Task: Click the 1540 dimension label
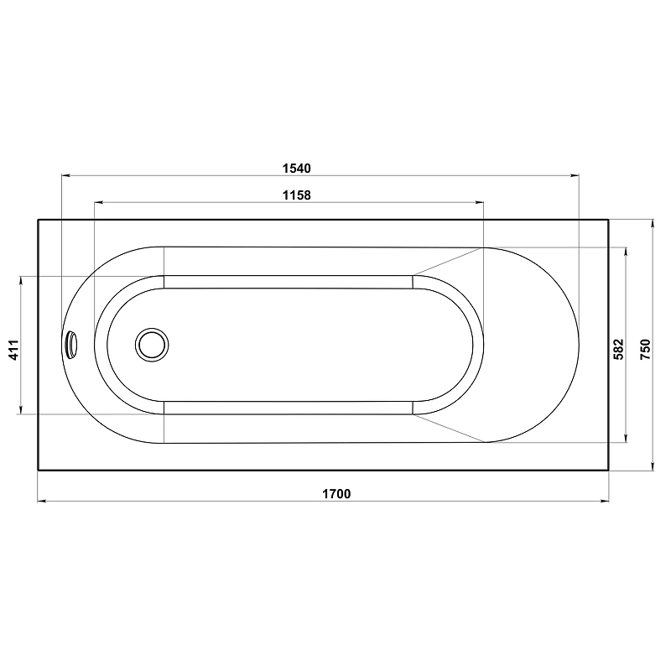click(x=297, y=169)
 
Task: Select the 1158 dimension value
click(x=297, y=195)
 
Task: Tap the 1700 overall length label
click(x=336, y=494)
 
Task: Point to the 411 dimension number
click(x=14, y=350)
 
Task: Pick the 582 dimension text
click(x=619, y=349)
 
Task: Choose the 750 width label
click(x=645, y=349)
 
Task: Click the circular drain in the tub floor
click(x=152, y=345)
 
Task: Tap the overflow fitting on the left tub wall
click(x=71, y=344)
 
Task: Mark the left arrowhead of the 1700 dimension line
click(x=42, y=501)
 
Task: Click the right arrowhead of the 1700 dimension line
click(x=604, y=501)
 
